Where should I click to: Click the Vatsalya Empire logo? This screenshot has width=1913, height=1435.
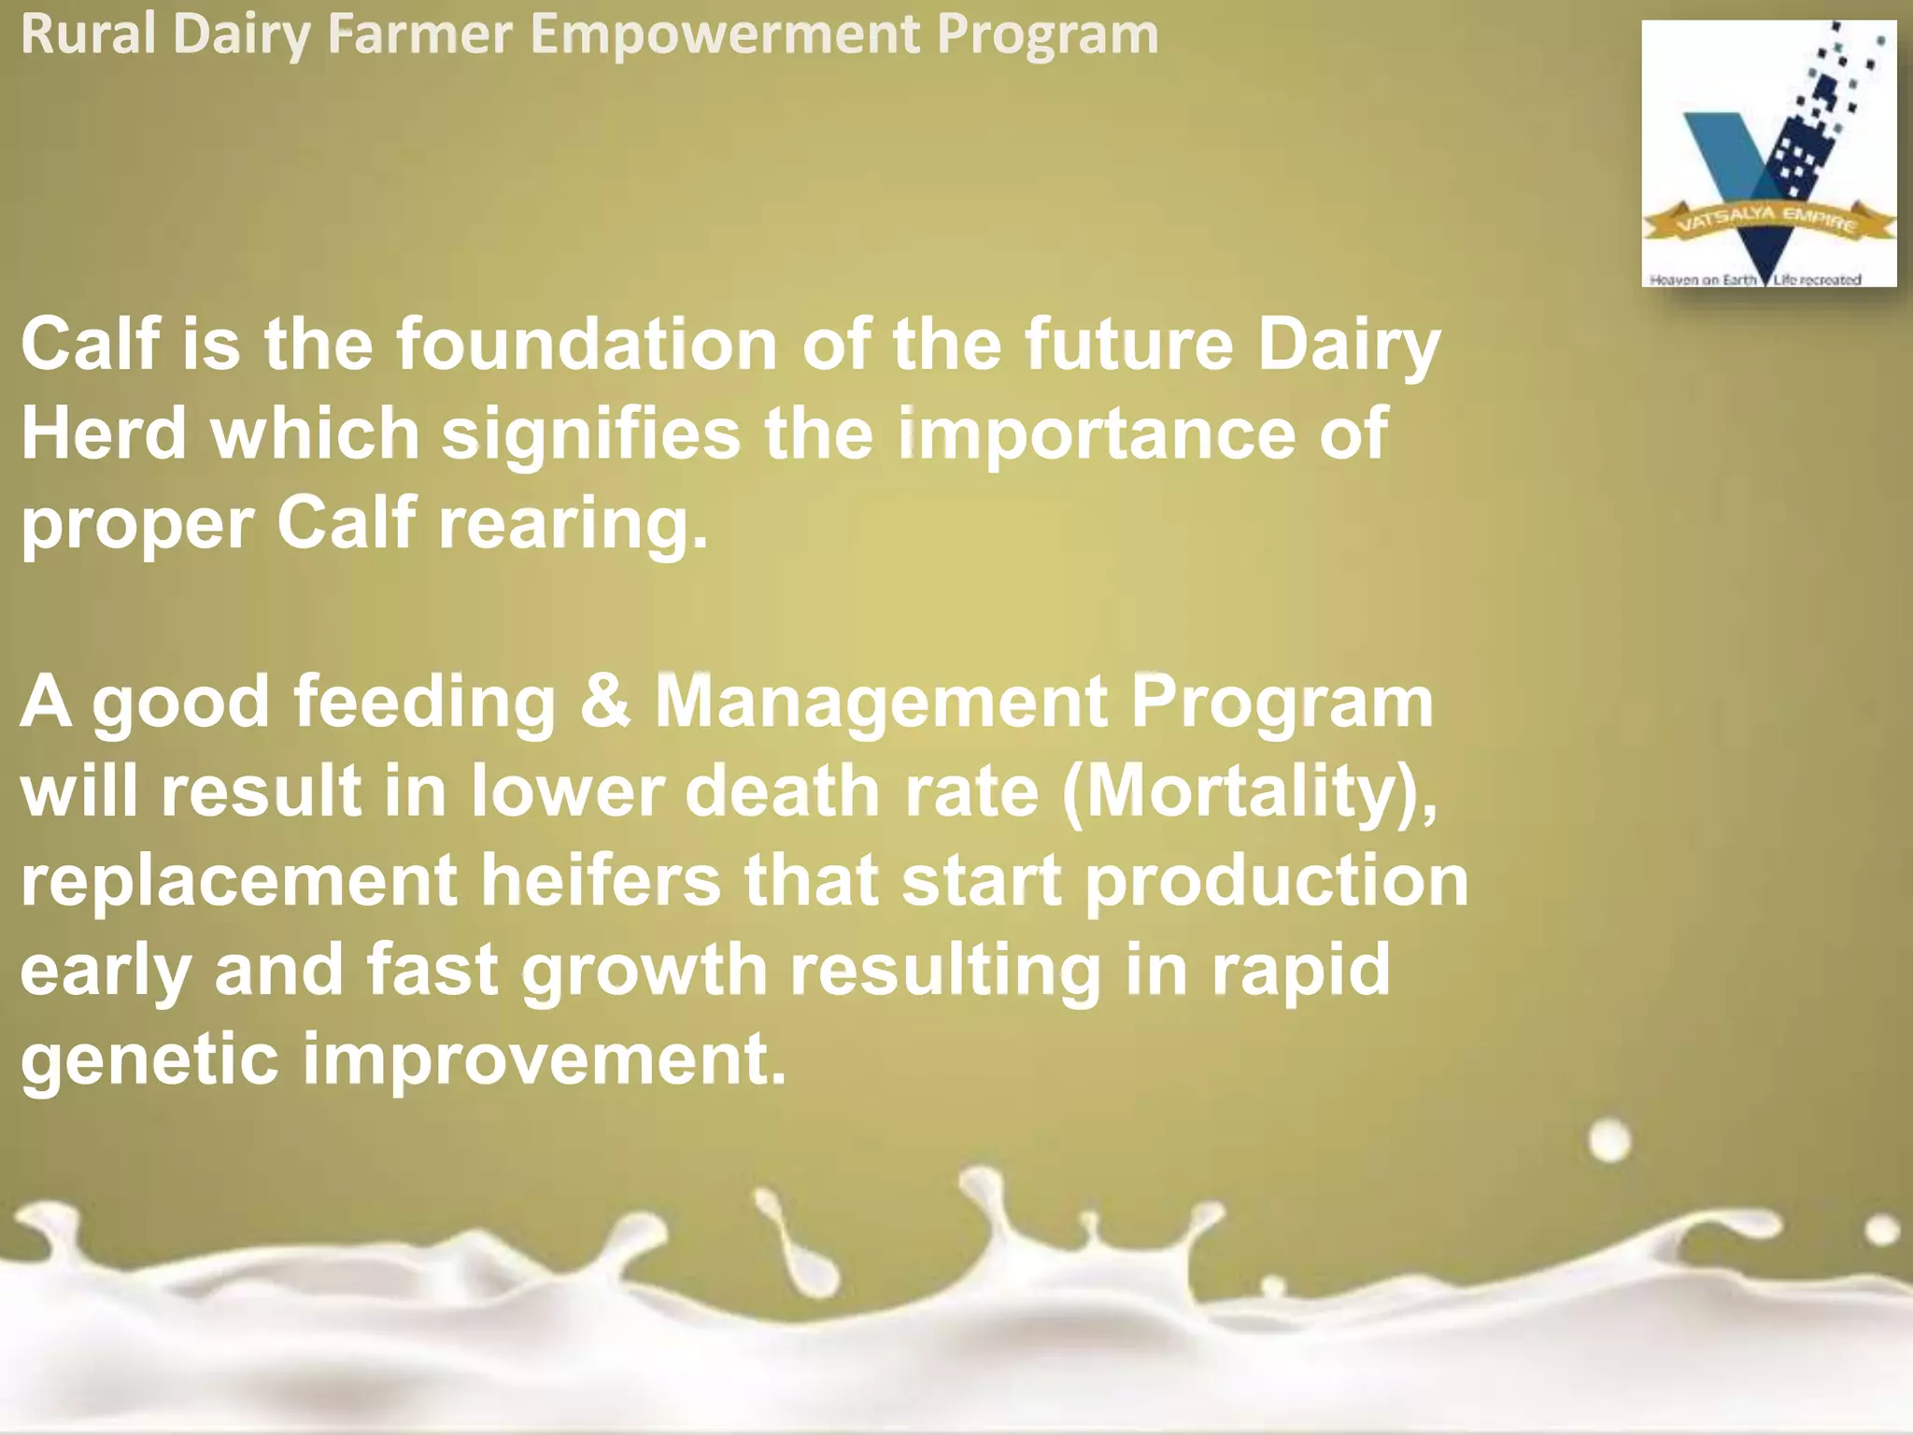tap(1768, 154)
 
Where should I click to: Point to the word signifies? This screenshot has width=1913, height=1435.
tap(590, 435)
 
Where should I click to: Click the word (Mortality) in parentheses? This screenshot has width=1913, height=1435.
tap(1247, 792)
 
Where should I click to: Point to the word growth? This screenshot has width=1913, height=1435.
tap(645, 970)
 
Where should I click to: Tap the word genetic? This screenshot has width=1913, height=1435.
tap(149, 1060)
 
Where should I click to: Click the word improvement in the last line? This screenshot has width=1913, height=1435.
tap(544, 1060)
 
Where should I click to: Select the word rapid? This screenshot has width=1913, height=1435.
tap(1300, 970)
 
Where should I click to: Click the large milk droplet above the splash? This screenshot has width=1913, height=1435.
tap(1608, 1141)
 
